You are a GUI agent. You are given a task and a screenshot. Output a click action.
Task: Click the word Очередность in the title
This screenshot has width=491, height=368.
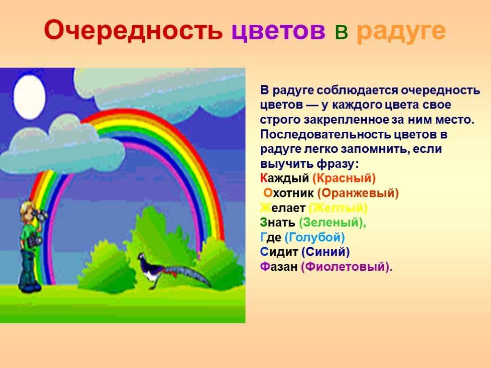[x=133, y=30]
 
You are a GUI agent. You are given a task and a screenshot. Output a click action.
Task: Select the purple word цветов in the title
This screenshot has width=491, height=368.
[x=279, y=31]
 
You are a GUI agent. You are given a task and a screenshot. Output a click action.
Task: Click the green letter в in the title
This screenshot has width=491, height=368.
[x=341, y=32]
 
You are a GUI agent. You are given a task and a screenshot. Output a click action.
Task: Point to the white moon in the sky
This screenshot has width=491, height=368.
[x=29, y=97]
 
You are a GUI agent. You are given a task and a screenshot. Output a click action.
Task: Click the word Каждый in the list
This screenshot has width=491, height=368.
[x=284, y=178]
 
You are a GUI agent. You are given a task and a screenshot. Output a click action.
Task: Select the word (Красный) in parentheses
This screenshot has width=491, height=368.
[x=344, y=178]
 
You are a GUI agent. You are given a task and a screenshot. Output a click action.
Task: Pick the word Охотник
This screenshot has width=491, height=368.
[x=288, y=193]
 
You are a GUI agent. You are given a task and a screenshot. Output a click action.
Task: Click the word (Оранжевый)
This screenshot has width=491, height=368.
[x=358, y=193]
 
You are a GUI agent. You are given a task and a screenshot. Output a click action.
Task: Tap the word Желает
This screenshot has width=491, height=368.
[x=282, y=208]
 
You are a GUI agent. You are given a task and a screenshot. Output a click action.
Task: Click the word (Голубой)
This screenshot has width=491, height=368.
[x=315, y=237]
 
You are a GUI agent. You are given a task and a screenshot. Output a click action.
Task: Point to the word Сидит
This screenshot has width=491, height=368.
[x=279, y=252]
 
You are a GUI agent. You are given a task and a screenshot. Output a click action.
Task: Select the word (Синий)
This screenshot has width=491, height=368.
[x=326, y=252]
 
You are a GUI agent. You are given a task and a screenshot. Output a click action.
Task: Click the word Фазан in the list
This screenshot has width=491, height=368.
[x=279, y=266]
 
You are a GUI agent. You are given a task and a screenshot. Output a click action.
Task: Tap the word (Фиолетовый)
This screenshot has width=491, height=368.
[x=347, y=267]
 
